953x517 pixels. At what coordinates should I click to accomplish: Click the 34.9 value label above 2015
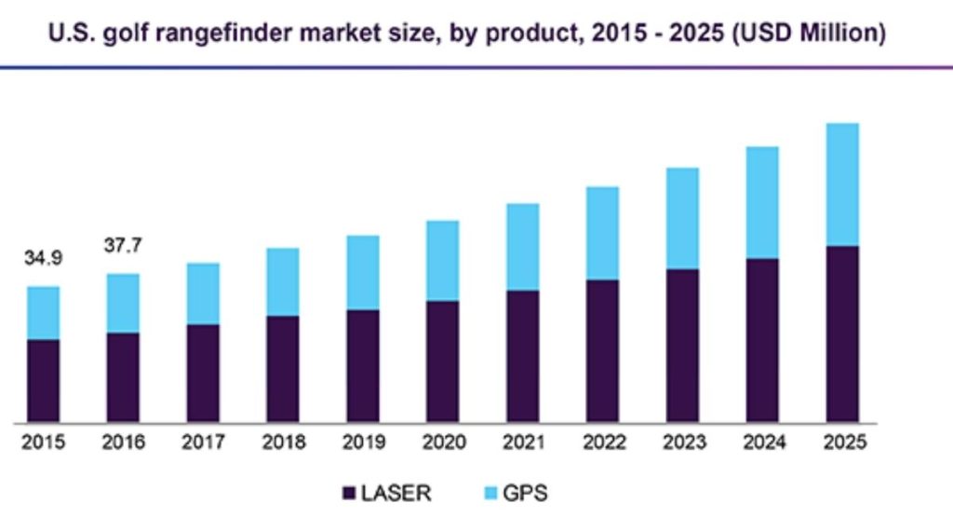[x=43, y=258]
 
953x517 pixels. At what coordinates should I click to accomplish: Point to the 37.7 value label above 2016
[x=123, y=247]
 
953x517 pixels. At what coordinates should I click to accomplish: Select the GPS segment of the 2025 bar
[x=842, y=184]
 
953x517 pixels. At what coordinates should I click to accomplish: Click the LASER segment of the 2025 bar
[x=842, y=333]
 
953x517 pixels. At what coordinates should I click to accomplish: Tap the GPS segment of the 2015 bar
[x=43, y=313]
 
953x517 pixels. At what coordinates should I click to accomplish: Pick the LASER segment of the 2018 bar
[x=283, y=368]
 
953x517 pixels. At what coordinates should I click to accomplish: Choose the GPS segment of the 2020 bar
[x=442, y=261]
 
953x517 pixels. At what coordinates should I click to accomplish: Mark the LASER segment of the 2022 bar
[x=602, y=350]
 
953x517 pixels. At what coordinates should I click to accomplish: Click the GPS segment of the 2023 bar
[x=682, y=219]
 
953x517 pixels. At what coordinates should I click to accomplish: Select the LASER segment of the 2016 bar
[x=123, y=376]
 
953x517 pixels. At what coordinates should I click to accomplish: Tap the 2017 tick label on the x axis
[x=203, y=442]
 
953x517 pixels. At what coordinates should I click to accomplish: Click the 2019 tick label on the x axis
[x=363, y=442]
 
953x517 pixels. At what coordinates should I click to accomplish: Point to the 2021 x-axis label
[x=522, y=442]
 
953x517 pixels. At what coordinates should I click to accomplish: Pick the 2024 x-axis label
[x=762, y=442]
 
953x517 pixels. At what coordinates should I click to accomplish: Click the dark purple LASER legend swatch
[x=351, y=493]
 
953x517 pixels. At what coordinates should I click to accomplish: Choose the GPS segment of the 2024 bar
[x=762, y=202]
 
